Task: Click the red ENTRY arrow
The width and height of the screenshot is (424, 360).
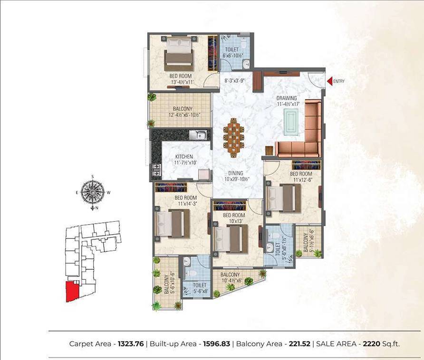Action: pyautogui.click(x=329, y=81)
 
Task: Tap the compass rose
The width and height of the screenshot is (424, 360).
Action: pyautogui.click(x=92, y=192)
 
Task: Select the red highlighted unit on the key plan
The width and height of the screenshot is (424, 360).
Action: pyautogui.click(x=73, y=290)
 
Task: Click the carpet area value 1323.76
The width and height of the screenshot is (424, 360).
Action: pyautogui.click(x=133, y=343)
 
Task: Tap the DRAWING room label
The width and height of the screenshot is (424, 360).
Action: pyautogui.click(x=287, y=98)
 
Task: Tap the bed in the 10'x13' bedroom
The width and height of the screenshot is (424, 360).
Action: pyautogui.click(x=230, y=238)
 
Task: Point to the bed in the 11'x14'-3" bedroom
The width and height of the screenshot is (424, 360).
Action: pyautogui.click(x=170, y=223)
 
